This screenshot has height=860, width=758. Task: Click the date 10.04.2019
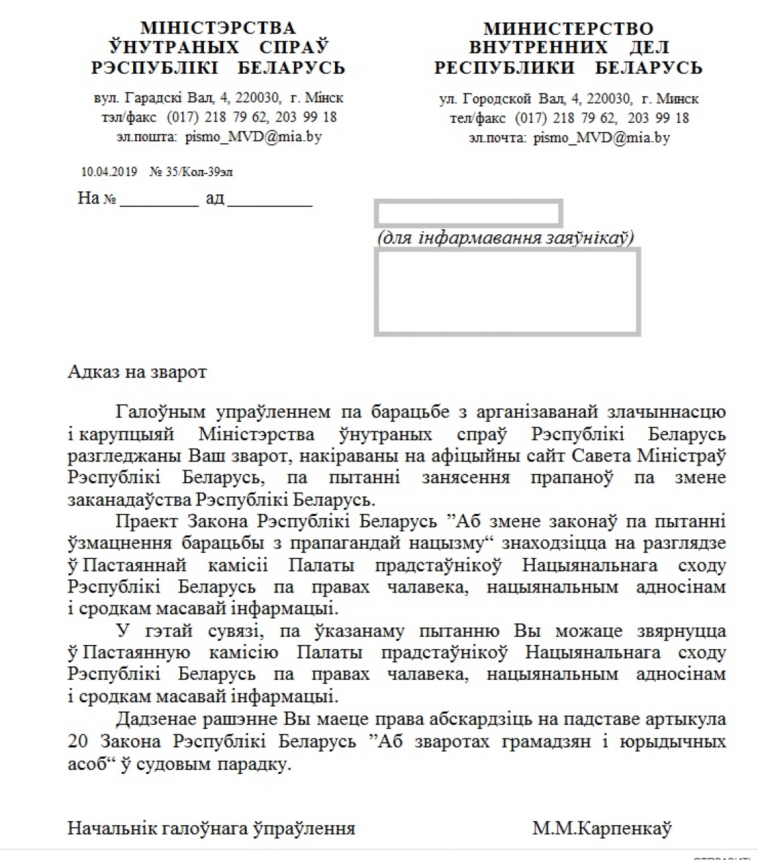pos(109,172)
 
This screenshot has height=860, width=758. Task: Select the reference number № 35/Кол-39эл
pos(191,172)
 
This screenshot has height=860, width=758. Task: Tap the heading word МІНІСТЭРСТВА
pos(218,28)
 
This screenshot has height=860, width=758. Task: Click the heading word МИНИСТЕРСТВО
pos(568,29)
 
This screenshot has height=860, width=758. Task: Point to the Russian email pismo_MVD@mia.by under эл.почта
pos(601,138)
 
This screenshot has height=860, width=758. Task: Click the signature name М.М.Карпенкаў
pos(602,828)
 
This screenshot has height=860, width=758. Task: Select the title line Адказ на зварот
pos(137,372)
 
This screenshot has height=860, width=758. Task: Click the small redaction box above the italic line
pos(468,213)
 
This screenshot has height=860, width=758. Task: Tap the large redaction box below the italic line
pos(507,292)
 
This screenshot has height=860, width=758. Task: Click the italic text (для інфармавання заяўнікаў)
pos(506,237)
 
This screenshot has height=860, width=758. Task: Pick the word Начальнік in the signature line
pos(112,828)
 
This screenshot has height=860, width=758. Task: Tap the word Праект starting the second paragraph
pos(147,521)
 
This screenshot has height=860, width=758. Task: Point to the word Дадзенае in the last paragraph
pos(159,719)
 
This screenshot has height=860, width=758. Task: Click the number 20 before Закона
pos(79,741)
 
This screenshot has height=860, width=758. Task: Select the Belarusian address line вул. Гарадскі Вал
pos(219,98)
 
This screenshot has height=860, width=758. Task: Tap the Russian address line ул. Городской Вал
pos(569,99)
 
